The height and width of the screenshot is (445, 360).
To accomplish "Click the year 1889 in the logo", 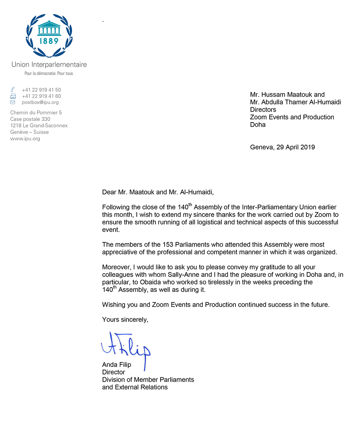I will pos(49,41).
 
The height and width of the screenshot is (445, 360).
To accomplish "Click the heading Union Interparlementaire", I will pos(49,65).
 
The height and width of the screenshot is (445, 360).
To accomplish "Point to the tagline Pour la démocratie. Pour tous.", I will pos(49,73).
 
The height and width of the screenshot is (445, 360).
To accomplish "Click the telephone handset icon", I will pos(13,90).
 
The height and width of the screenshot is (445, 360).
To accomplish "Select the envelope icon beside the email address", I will pos(13,102).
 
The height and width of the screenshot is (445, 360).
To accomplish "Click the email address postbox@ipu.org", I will pos(40,102).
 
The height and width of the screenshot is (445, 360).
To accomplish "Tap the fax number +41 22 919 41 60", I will pos(41,96).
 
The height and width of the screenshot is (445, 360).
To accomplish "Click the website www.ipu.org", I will pos(25,139).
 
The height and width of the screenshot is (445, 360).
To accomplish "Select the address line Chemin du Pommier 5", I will pos(36,113).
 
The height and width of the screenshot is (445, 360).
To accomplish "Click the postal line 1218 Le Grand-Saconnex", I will pos(39,126).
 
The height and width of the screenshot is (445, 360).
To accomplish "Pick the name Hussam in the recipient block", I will pos(273,95).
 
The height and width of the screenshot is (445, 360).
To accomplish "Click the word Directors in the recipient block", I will pos(263,110).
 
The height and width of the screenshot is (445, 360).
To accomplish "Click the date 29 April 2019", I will pos(296,147).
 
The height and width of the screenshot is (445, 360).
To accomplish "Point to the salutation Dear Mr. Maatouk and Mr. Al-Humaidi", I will pos(158,192).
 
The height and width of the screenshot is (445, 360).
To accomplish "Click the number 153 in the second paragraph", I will pos(168,245).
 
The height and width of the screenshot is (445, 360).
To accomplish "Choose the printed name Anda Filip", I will pos(117,365).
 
